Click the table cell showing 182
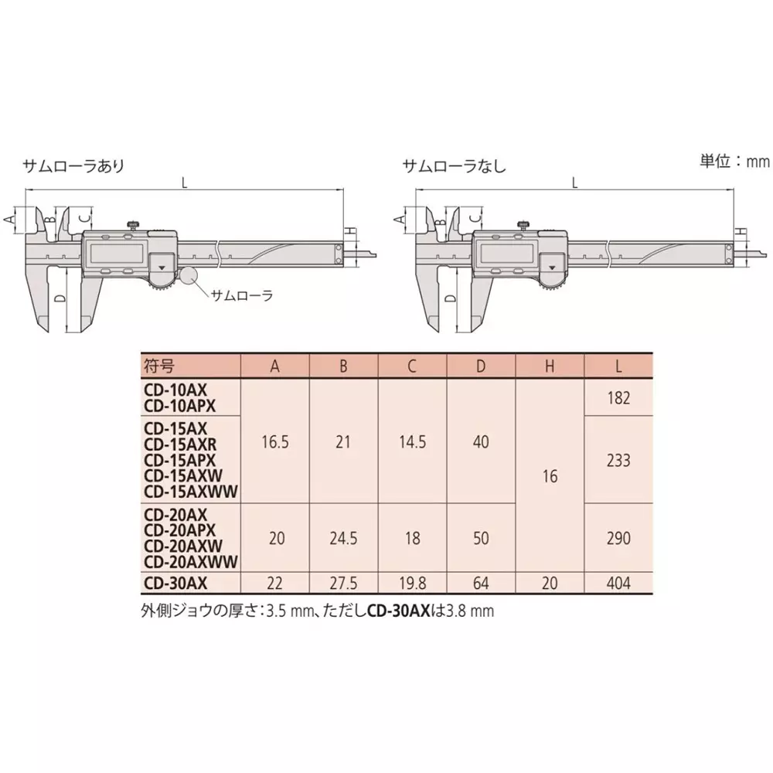pos(618,398)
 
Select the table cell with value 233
pos(618,460)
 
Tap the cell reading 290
pos(618,537)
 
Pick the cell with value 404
pos(618,583)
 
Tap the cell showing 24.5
pos(343,537)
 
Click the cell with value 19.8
pos(412,583)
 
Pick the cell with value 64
pos(481,583)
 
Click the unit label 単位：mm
pos(735,162)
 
